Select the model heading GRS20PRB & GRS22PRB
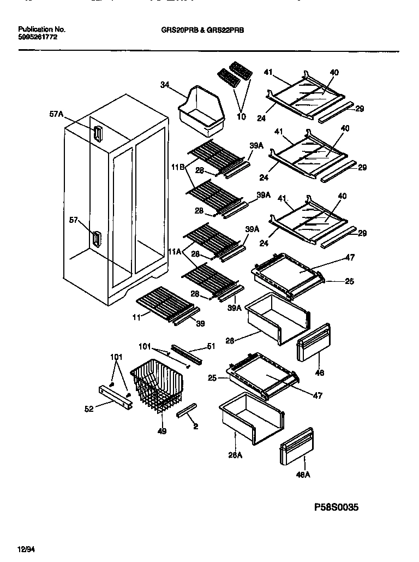coord(199,31)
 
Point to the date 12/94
coord(26,548)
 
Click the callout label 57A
coord(56,114)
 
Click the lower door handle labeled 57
coord(97,239)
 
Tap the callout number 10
coord(241,116)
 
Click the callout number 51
coord(212,345)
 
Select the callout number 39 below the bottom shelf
coord(201,324)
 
